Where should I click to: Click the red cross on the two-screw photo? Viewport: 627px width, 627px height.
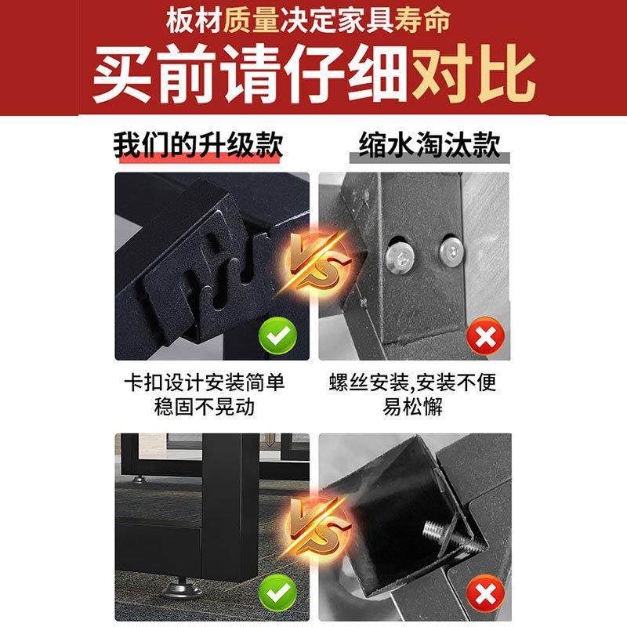pos(485,339)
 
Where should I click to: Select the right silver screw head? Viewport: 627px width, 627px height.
pos(452,251)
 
